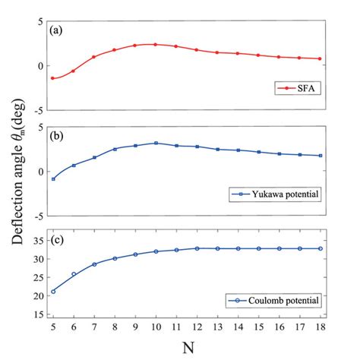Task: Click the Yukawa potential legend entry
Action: click(279, 194)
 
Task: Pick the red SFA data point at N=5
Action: click(52, 77)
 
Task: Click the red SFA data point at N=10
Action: click(156, 45)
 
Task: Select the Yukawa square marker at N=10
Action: click(156, 143)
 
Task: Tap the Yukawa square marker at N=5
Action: click(52, 178)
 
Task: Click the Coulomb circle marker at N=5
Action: click(52, 291)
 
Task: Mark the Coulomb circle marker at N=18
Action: click(320, 248)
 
